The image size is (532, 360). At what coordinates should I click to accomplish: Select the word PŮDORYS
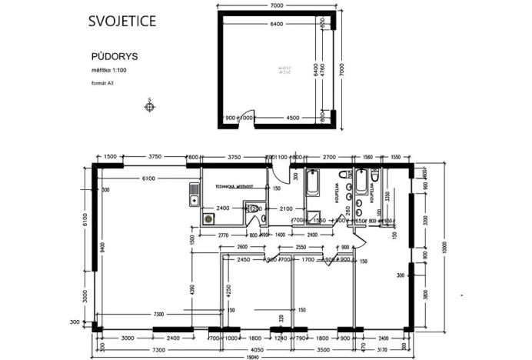[x=110, y=57]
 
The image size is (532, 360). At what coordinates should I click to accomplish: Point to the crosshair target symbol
[x=150, y=106]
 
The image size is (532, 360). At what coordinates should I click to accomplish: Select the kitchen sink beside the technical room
[x=194, y=195]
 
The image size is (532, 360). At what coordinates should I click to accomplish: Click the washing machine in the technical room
[x=208, y=218]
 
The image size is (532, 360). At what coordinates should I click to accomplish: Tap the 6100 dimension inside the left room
[x=148, y=178]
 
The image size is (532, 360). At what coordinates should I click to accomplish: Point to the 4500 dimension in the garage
[x=293, y=118]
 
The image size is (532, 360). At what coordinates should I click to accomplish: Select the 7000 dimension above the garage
[x=278, y=6]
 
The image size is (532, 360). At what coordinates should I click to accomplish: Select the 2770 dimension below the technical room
[x=224, y=234]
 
